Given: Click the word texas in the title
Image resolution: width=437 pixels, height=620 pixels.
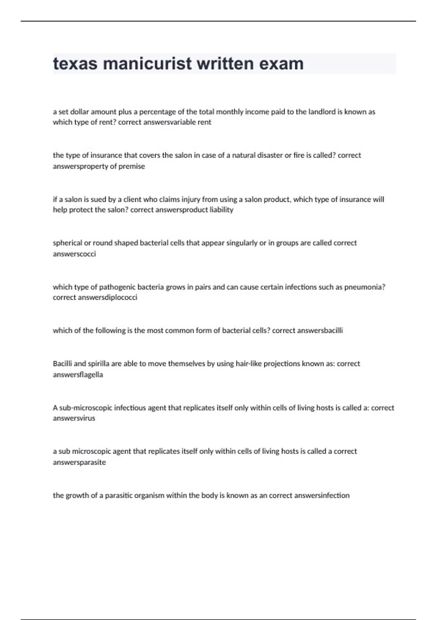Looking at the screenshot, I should tap(75, 63).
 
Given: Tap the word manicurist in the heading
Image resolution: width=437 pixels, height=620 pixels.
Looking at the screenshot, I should tap(147, 63).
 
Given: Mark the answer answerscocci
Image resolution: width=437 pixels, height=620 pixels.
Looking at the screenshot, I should tap(74, 254).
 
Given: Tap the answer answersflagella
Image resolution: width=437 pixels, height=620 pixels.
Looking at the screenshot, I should tap(78, 375).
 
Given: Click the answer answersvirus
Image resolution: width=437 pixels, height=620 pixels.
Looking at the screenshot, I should tap(74, 418).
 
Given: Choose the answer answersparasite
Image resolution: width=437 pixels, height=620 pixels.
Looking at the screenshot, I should tap(79, 462).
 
